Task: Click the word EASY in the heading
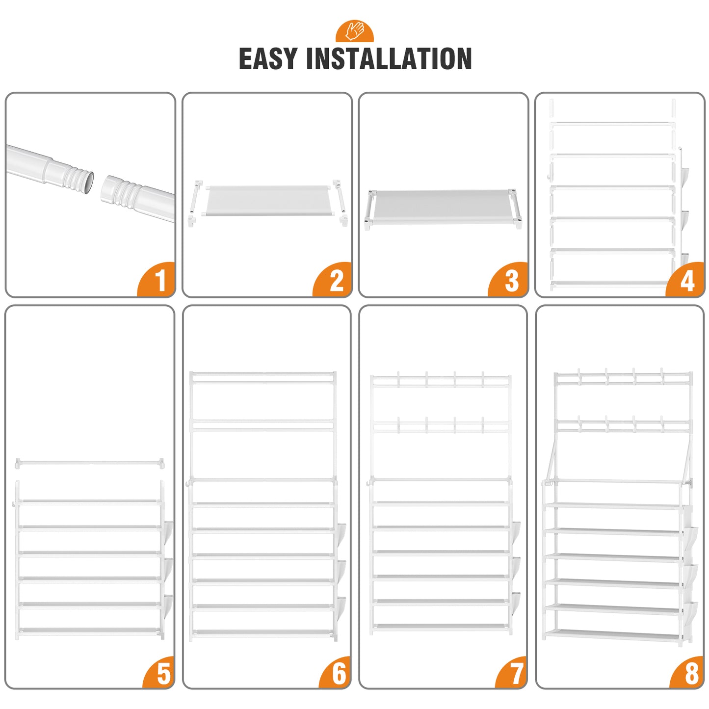[x=267, y=58]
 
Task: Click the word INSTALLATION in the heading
[x=389, y=58]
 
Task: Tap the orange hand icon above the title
[x=354, y=31]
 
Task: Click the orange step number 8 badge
[x=688, y=673]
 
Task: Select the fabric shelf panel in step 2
[x=266, y=201]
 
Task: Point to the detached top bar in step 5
[x=89, y=463]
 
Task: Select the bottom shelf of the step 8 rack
[x=613, y=635]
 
